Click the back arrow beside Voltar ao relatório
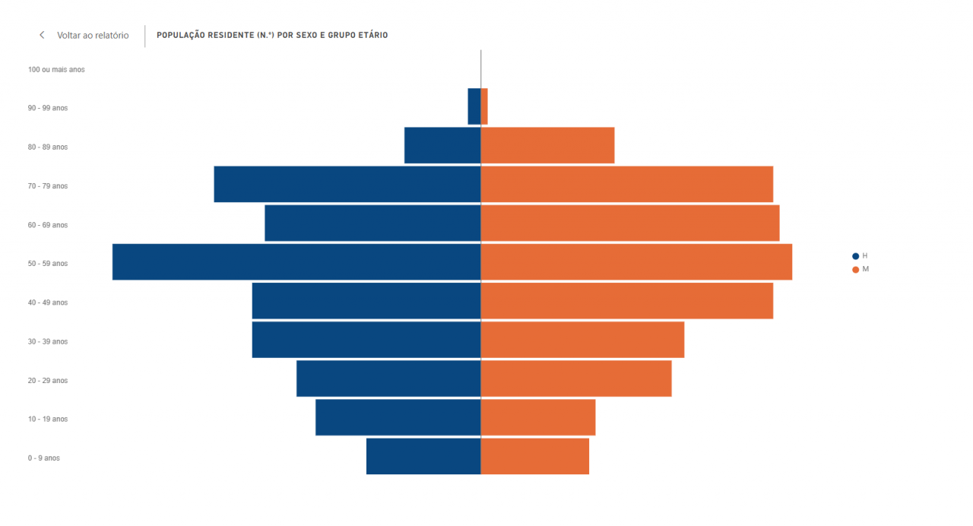point(42,36)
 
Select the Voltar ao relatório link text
point(93,36)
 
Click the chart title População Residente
point(272,36)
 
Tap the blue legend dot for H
point(855,256)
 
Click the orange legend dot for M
point(855,270)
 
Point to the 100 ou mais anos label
point(56,70)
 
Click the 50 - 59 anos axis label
point(48,264)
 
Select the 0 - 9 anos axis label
point(43,458)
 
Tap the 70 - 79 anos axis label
point(48,186)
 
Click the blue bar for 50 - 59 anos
point(296,262)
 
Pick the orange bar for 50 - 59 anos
point(636,262)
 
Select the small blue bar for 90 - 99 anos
point(474,106)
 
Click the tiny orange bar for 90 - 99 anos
point(484,106)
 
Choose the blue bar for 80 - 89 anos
point(442,145)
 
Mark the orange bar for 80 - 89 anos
point(547,145)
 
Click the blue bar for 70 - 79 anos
point(347,184)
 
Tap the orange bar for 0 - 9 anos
point(535,456)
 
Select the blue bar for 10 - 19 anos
point(398,417)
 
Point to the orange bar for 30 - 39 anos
point(582,340)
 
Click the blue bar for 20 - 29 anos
point(388,379)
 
